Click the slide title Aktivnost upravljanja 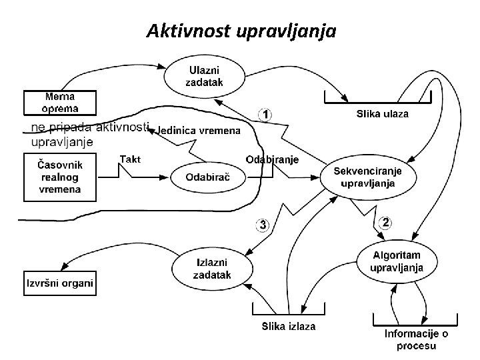241,31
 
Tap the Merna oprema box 60,103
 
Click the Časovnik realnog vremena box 60,177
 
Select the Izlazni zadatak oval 212,268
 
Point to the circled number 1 265,115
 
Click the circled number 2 385,222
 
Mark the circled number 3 263,225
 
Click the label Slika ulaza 383,114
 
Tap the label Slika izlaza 288,326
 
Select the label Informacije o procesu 417,339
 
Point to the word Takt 129,158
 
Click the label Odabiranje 272,159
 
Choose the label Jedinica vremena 198,131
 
